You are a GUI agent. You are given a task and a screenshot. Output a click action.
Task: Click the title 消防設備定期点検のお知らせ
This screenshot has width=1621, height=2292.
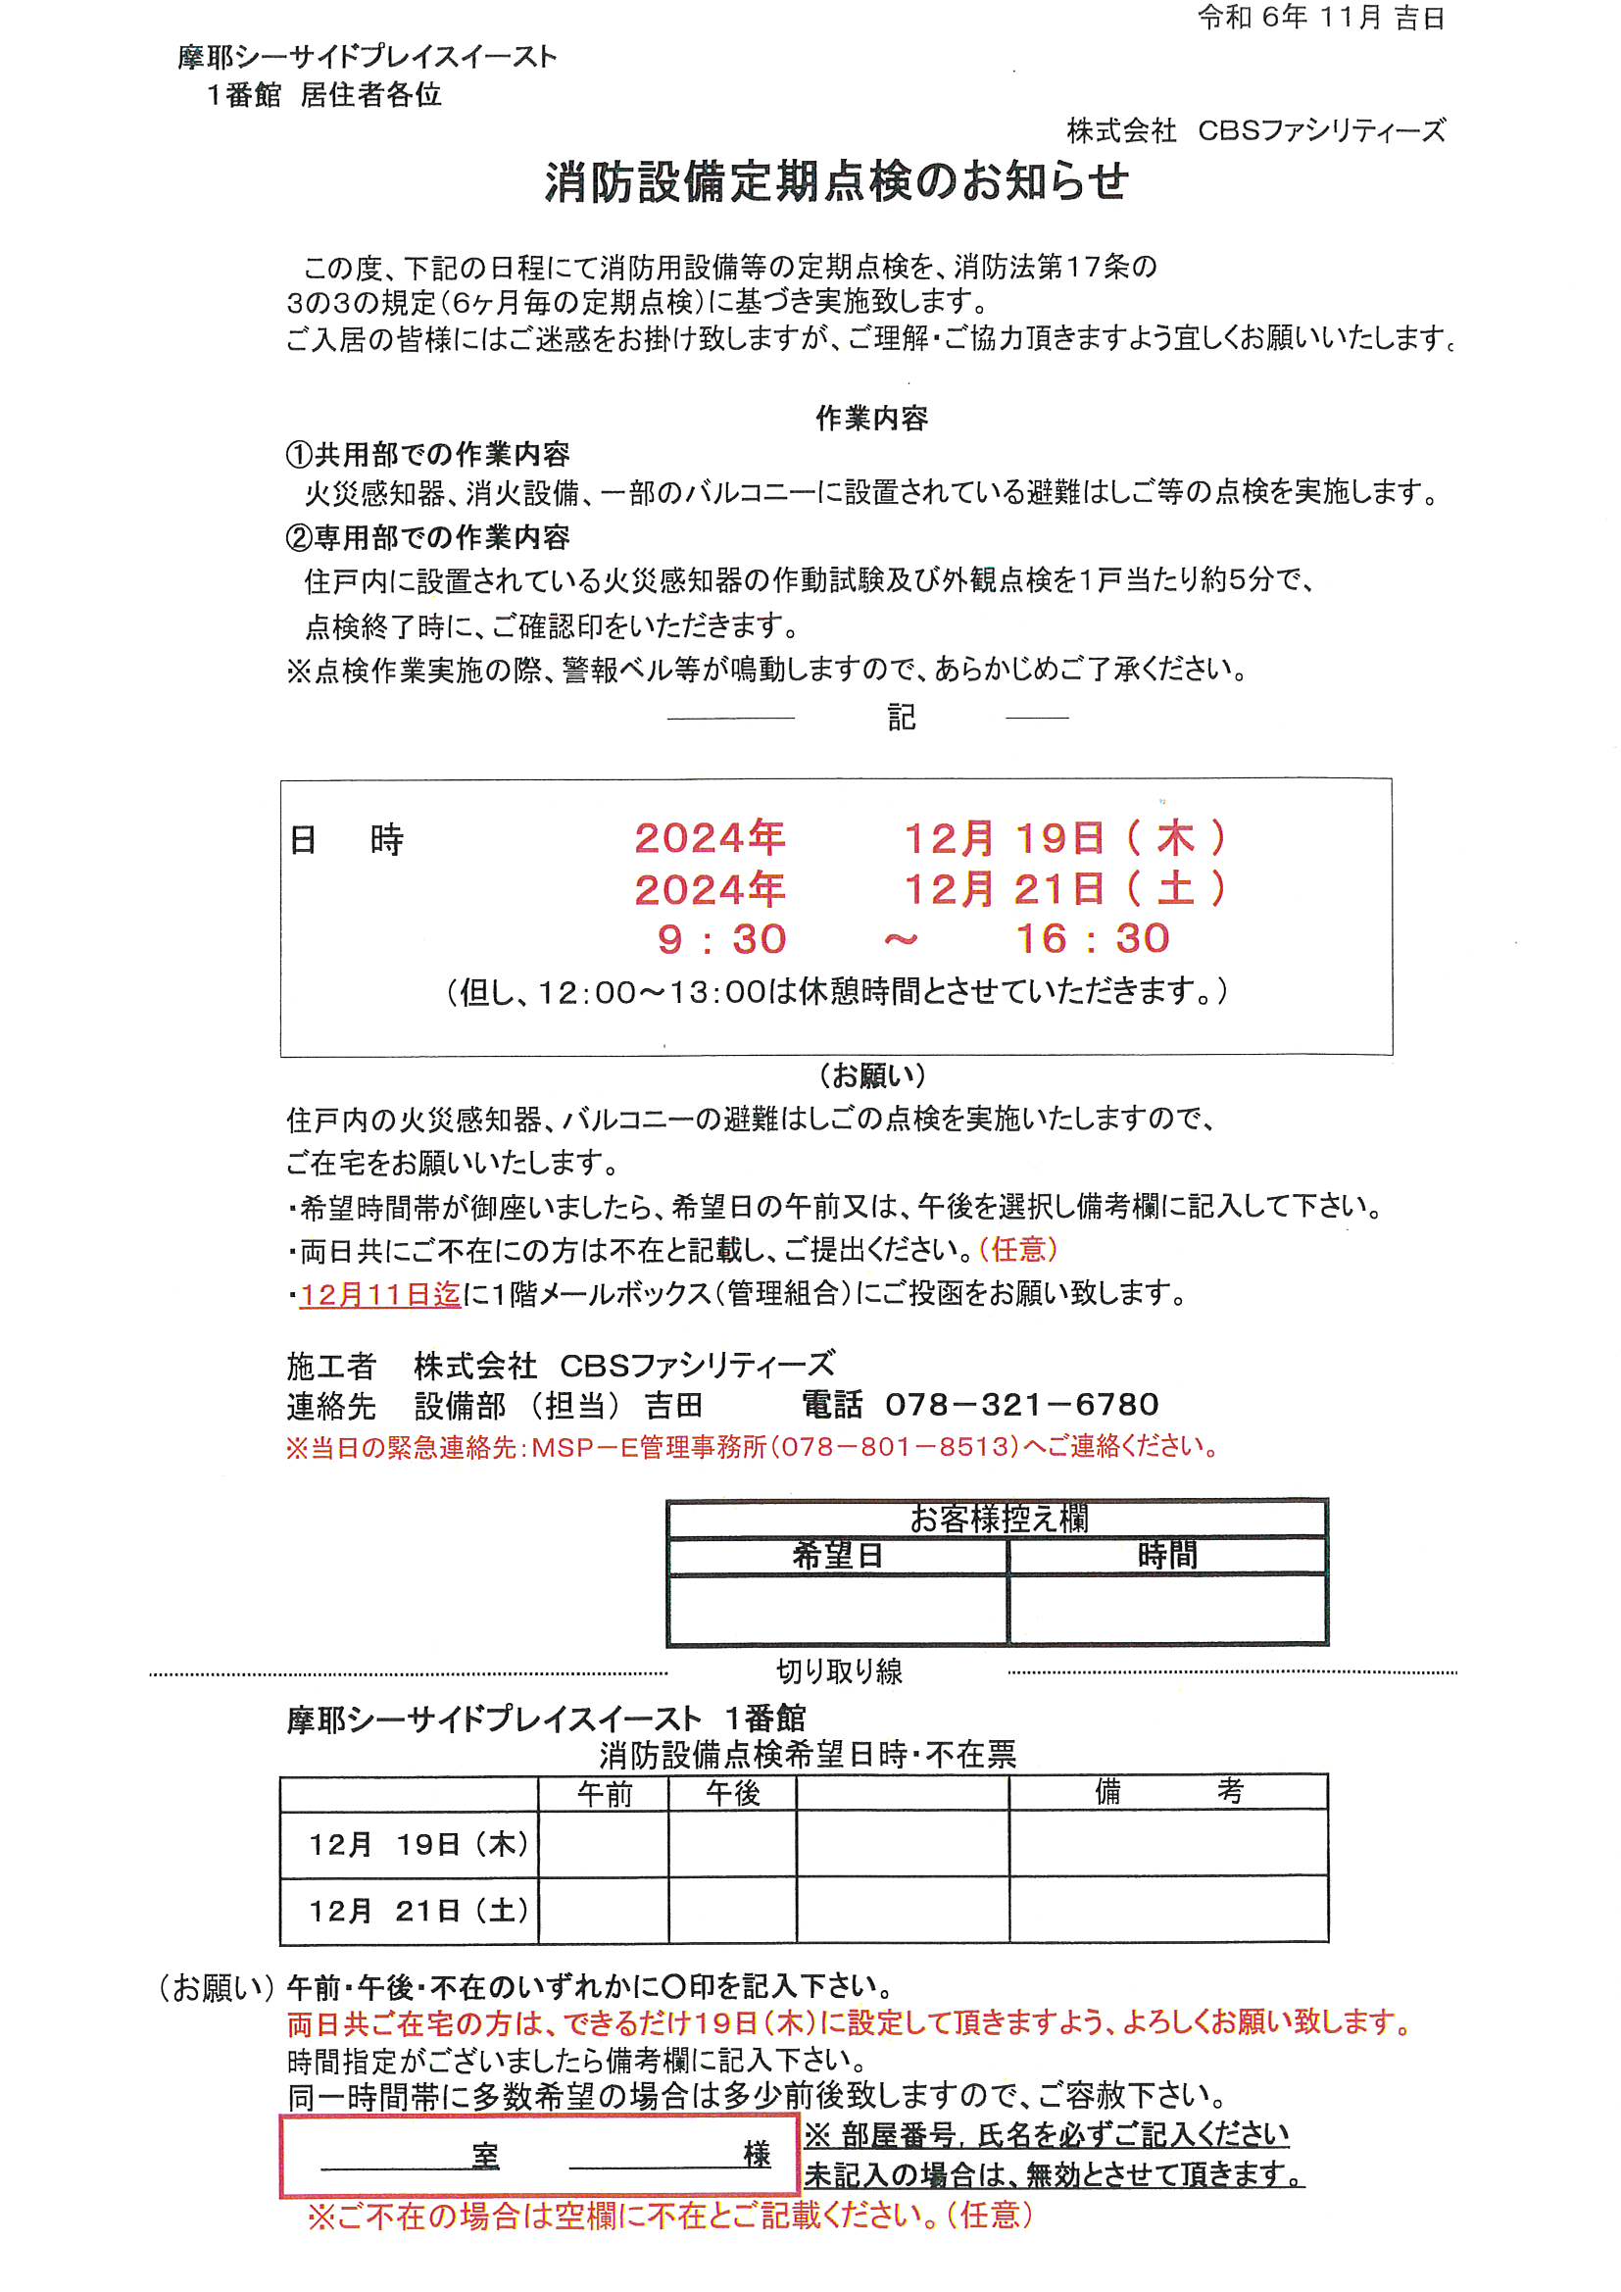click(836, 182)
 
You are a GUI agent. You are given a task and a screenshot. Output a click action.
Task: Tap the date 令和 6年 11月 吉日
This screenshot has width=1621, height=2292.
click(1320, 18)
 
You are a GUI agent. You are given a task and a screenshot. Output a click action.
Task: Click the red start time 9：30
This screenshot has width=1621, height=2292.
click(721, 939)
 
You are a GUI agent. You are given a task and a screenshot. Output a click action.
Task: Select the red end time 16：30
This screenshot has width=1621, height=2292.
click(1092, 938)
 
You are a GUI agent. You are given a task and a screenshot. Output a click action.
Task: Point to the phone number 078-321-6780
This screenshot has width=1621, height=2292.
click(1021, 1405)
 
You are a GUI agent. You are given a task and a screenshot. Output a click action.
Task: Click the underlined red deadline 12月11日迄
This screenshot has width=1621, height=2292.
click(380, 1295)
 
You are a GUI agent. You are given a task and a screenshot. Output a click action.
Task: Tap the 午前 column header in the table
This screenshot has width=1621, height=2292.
click(604, 1794)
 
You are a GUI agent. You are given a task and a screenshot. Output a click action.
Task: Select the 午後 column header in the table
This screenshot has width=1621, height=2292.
click(733, 1794)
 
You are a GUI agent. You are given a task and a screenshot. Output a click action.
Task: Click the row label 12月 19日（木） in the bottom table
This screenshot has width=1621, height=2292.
click(418, 1844)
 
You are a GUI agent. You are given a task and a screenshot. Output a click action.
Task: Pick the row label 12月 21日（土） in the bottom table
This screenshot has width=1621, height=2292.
click(418, 1911)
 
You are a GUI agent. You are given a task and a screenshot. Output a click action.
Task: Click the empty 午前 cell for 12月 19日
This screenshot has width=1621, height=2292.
click(604, 1844)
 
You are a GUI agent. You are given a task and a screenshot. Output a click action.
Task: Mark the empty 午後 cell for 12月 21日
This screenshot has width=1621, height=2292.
click(733, 1911)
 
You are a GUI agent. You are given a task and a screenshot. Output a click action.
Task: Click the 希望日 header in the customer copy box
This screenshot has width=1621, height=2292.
click(836, 1555)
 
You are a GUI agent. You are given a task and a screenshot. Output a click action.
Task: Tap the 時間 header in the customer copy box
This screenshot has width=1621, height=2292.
click(1166, 1555)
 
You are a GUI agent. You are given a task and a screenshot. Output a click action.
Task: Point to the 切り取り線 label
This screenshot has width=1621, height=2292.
click(839, 1671)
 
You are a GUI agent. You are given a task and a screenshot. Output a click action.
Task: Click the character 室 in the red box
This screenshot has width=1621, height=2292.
click(486, 2157)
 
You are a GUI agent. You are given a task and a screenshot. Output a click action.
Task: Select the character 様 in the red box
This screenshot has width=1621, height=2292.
click(757, 2154)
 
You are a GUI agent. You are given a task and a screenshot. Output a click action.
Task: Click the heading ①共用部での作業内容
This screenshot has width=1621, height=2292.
click(427, 455)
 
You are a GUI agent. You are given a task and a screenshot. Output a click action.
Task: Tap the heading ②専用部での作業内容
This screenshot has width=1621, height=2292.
click(427, 538)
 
